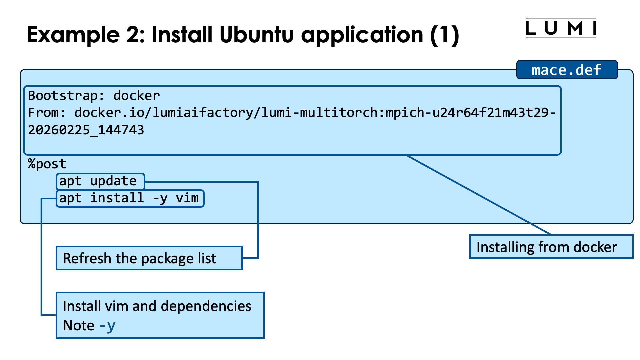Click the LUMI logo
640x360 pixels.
[561, 28]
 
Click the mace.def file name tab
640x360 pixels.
[567, 70]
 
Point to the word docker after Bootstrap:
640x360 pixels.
[137, 96]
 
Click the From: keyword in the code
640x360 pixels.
[47, 113]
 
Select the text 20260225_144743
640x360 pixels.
[86, 130]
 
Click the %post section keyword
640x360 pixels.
[47, 164]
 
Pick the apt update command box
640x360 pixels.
[100, 181]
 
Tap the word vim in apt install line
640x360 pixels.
[187, 198]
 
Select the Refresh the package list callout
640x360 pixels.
[149, 258]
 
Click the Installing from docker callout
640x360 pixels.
[551, 247]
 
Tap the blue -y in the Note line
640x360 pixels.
[107, 326]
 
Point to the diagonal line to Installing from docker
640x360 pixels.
[479, 195]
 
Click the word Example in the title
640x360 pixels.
[73, 35]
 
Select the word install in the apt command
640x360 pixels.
[117, 198]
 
